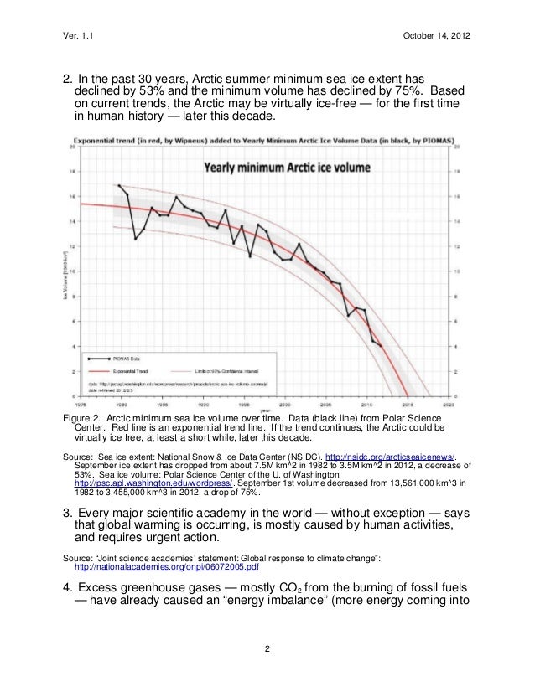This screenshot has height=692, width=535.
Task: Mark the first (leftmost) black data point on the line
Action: (x=119, y=185)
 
